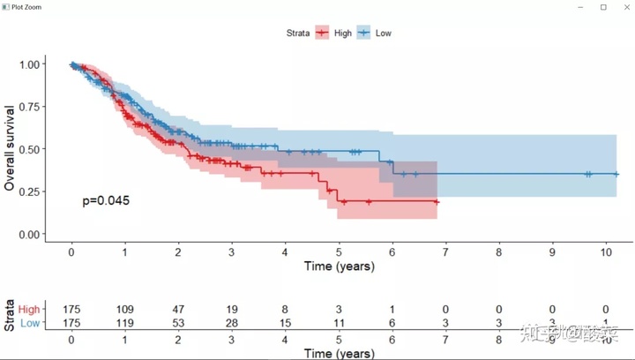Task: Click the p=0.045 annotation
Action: tap(106, 200)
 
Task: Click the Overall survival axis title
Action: tap(11, 148)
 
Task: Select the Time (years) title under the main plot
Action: tap(339, 266)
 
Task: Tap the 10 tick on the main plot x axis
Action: tap(606, 251)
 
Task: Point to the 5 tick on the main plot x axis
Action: tap(339, 251)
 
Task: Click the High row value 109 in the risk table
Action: tap(125, 310)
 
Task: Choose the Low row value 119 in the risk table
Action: tap(125, 324)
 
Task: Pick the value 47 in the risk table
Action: tap(178, 310)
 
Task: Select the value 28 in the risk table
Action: tap(232, 324)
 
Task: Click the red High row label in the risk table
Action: tap(29, 310)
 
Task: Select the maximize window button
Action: tap(603, 7)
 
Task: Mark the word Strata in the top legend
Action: tap(297, 33)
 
